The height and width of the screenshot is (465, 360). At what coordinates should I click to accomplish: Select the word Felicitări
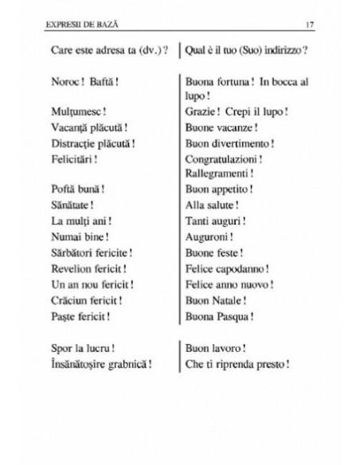pos(72,158)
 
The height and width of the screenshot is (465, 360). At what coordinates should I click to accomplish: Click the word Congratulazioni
pos(224,158)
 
